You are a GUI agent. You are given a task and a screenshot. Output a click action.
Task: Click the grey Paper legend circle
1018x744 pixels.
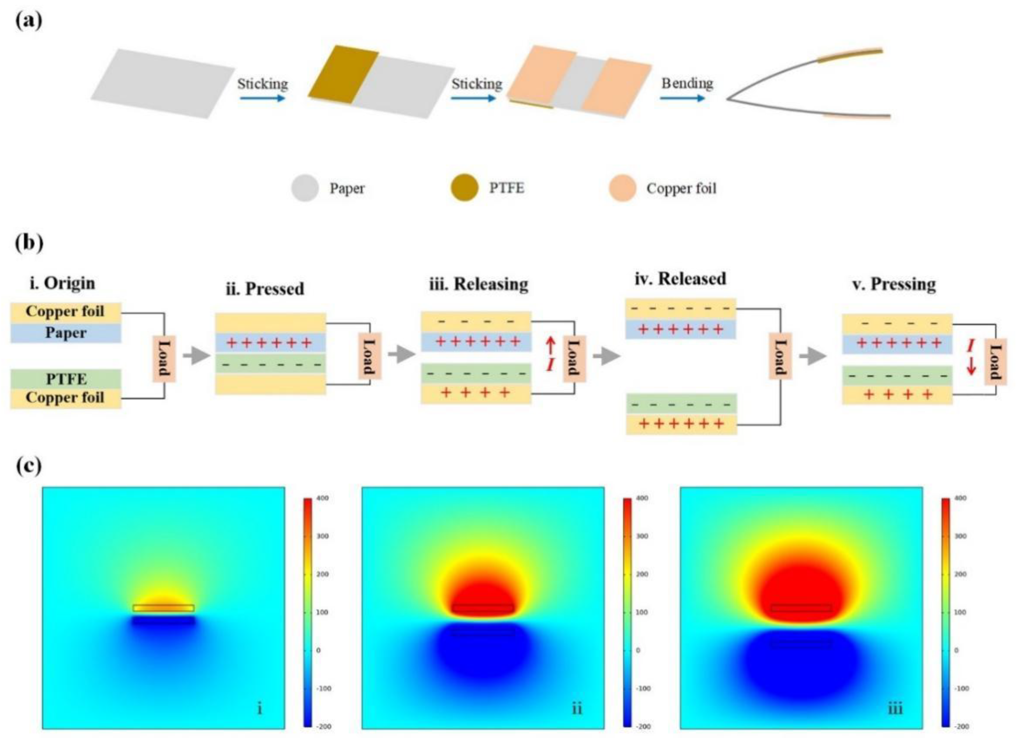coord(305,188)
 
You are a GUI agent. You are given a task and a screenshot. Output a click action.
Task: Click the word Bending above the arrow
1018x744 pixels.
coord(687,83)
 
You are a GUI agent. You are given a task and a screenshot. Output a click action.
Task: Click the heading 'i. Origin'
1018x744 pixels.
coord(62,283)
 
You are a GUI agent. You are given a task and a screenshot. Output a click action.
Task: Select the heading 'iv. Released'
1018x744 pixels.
coord(680,279)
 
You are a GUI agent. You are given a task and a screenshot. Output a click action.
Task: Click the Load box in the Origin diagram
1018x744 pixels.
coord(164,358)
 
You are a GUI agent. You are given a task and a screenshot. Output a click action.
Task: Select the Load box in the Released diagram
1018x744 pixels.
coord(780,356)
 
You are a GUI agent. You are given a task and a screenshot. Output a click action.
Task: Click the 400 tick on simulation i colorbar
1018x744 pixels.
coord(323,498)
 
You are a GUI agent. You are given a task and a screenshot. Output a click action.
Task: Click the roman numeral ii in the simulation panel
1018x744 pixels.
coord(577,709)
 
